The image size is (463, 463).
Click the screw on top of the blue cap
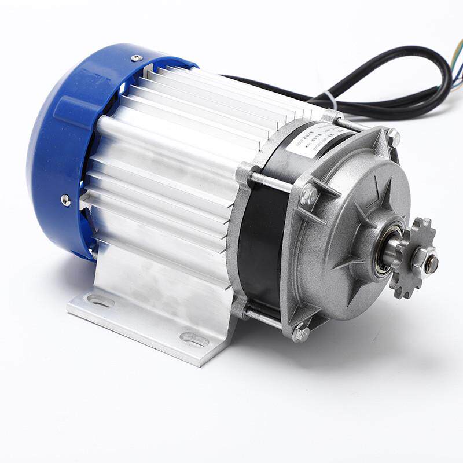137,58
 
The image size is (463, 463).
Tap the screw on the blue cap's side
66,200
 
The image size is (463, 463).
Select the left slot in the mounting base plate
101,301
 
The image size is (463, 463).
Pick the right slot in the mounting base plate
194,339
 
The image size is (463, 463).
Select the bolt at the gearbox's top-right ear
394,137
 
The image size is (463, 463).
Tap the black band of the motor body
263,243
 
